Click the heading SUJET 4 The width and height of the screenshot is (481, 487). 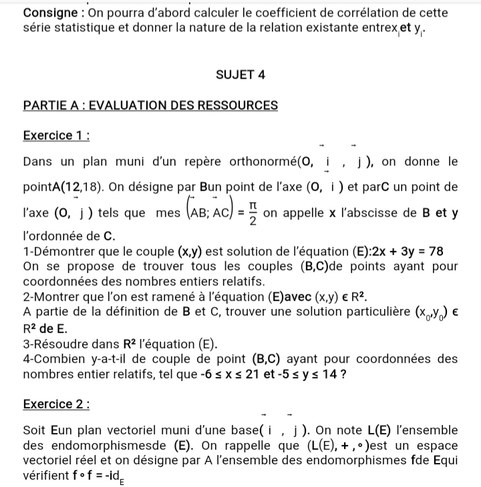[240, 75]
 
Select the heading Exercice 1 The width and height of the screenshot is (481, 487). [56, 135]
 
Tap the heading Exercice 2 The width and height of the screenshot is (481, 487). [56, 404]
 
